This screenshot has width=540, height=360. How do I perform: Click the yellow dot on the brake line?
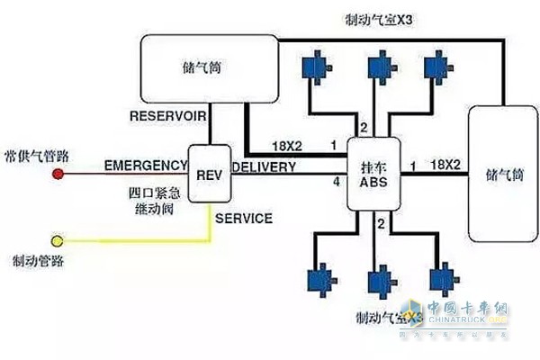(x=58, y=241)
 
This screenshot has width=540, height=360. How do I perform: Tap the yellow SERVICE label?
(x=245, y=219)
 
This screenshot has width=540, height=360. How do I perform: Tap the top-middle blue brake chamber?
(x=377, y=67)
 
